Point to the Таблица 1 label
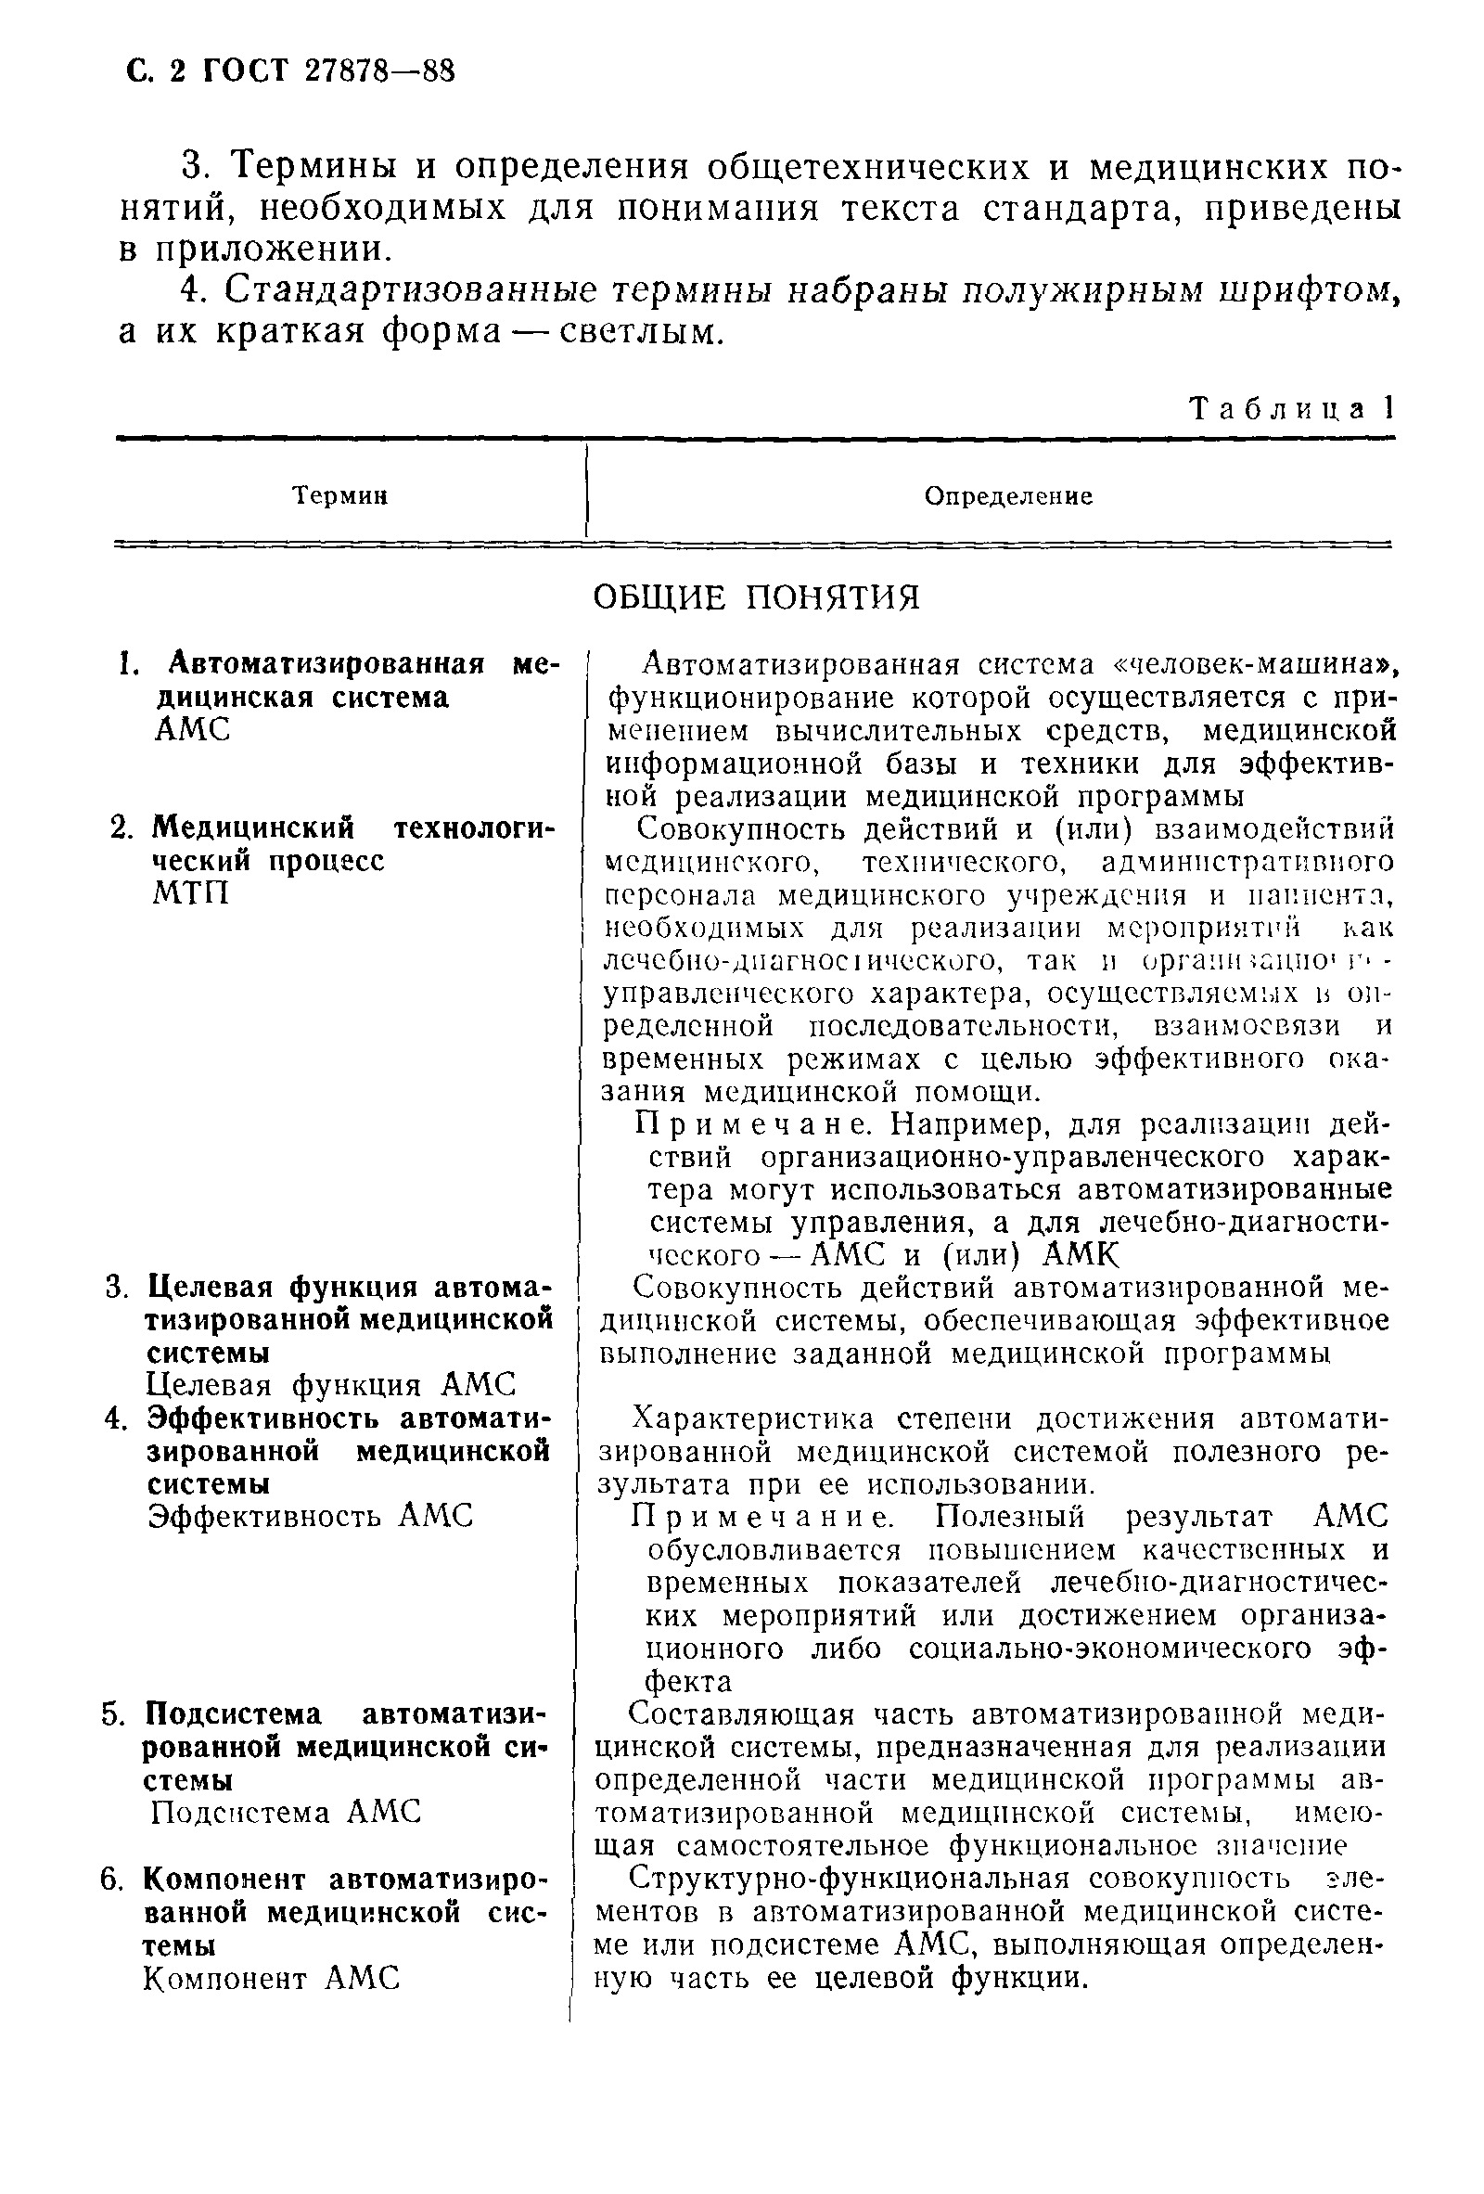pos(1289,408)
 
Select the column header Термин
pos(339,495)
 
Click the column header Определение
pos(1008,495)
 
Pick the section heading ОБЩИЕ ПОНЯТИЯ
pos(756,597)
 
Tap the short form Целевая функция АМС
pos(332,1385)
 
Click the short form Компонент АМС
pos(272,1978)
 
